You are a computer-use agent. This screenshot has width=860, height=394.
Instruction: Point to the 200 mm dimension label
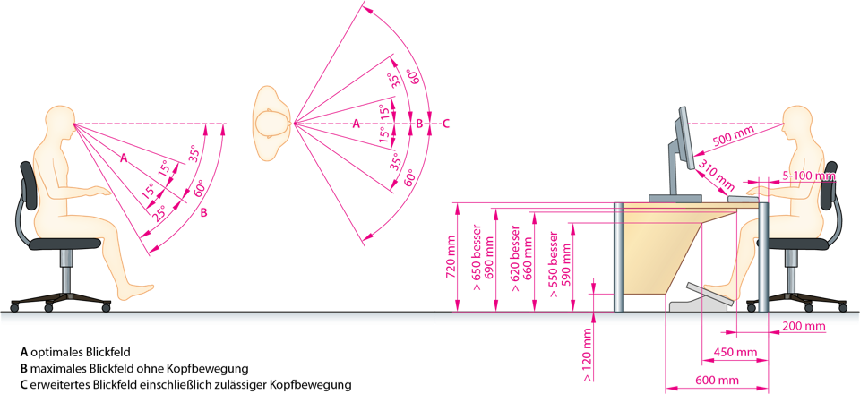point(803,327)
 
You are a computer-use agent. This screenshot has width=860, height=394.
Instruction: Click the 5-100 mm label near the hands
point(808,176)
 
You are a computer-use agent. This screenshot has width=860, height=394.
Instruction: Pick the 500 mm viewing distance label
point(734,140)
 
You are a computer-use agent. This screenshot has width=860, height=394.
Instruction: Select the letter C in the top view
point(445,124)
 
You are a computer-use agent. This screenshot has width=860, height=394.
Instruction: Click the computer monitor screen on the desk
point(683,139)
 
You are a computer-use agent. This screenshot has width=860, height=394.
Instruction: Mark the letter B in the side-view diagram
point(203,212)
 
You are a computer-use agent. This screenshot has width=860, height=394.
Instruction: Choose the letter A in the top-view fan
point(356,124)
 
